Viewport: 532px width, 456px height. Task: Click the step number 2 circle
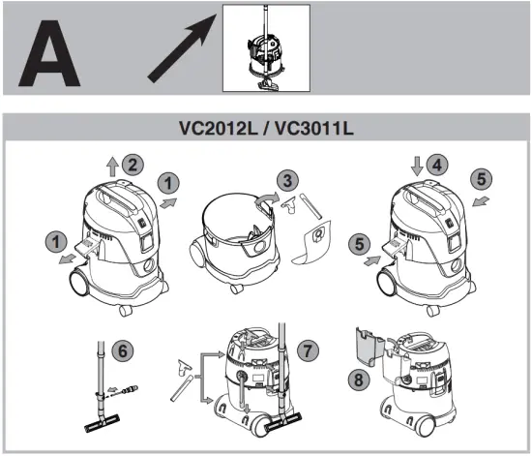[134, 164]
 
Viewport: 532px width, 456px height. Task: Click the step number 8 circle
[361, 382]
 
